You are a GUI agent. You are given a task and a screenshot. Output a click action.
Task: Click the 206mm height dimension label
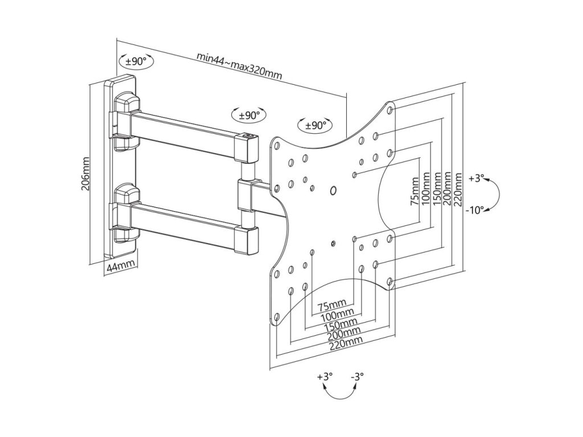pyautogui.click(x=86, y=173)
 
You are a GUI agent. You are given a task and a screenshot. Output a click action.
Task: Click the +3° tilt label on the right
pyautogui.click(x=476, y=178)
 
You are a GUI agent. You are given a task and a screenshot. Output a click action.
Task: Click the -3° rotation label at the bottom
pyautogui.click(x=357, y=376)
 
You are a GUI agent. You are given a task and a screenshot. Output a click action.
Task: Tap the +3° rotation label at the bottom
pyautogui.click(x=325, y=376)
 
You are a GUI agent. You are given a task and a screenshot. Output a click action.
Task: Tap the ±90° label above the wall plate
pyautogui.click(x=136, y=61)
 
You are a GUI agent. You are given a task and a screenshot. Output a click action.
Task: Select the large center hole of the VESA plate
pyautogui.click(x=333, y=190)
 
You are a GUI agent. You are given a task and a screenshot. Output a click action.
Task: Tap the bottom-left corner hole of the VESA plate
pyautogui.click(x=277, y=317)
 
